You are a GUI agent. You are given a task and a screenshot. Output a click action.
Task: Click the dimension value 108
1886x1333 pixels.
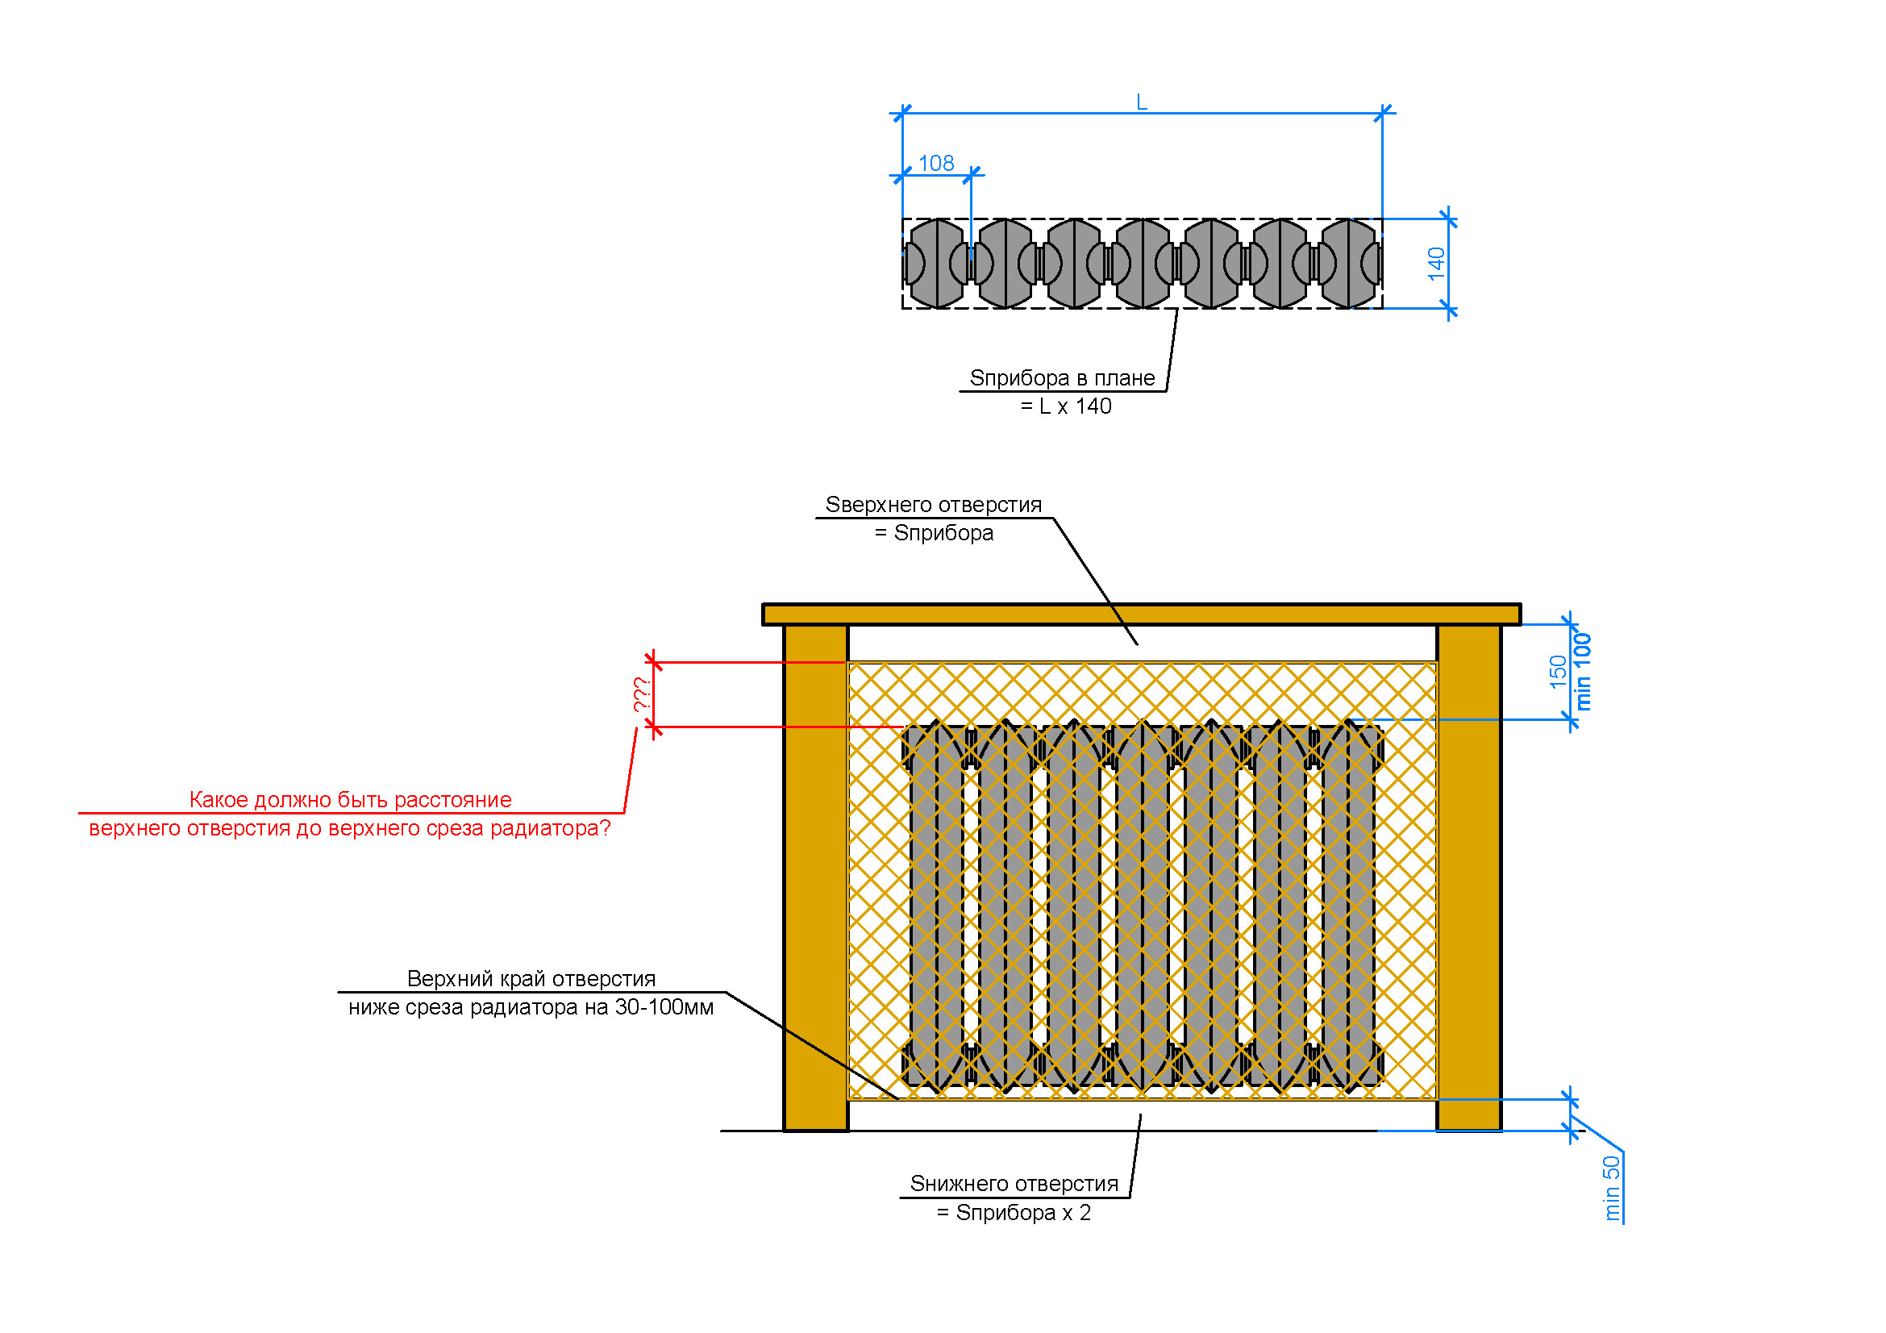[x=935, y=164]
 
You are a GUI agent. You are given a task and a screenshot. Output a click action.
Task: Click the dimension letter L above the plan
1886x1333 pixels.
[x=1141, y=102]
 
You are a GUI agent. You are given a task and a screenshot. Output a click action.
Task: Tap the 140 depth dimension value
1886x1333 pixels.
[x=1436, y=264]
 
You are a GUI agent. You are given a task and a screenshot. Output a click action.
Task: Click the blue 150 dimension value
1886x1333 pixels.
[x=1558, y=672]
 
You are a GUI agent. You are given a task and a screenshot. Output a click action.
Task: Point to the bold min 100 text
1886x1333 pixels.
[x=1582, y=671]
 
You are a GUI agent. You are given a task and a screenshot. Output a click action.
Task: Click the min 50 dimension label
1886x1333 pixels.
[x=1612, y=1188]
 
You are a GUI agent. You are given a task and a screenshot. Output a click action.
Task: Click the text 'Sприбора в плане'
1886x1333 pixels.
[x=1062, y=378]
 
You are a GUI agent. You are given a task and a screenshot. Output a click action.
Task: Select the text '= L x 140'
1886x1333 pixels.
[x=1065, y=406]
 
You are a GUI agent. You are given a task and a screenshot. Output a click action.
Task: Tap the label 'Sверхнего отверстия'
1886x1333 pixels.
[x=933, y=504]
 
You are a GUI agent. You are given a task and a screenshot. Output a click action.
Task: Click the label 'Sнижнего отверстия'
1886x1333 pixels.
[x=1014, y=1184]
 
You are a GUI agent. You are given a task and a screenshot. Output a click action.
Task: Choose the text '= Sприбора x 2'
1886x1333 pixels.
[x=1014, y=1212]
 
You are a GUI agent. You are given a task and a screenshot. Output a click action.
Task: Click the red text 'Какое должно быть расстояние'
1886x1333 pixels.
[x=351, y=799]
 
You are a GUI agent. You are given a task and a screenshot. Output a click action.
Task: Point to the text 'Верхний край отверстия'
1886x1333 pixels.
[x=531, y=978]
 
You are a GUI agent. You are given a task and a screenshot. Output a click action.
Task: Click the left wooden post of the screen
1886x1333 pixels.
[x=816, y=877]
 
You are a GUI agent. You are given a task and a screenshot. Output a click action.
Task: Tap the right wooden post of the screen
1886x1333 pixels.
[x=1468, y=877]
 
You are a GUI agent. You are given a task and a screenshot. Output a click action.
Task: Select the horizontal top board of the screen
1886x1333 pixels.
[x=1141, y=614]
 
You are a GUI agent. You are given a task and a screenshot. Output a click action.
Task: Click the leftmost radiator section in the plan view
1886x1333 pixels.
[x=936, y=264]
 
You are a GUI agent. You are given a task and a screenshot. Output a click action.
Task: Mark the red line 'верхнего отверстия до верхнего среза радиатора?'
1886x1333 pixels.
[x=350, y=828]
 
